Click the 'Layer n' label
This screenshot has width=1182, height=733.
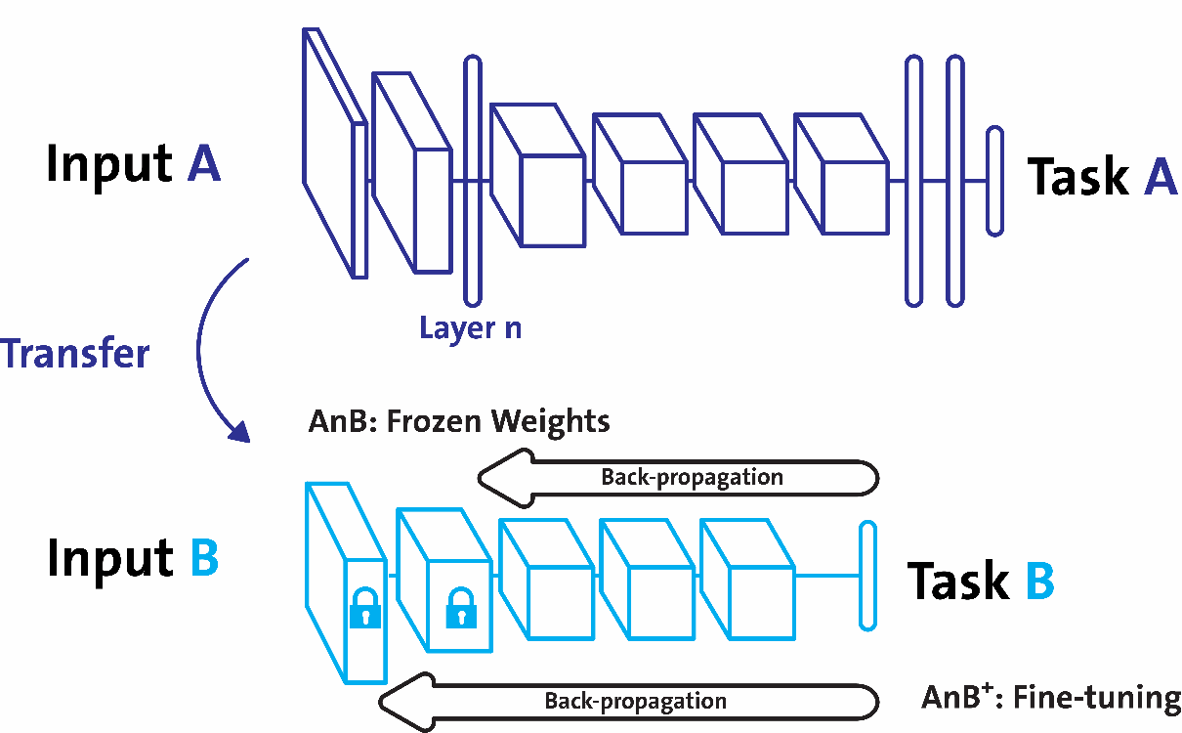coord(470,328)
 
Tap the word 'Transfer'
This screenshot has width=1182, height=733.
coord(75,353)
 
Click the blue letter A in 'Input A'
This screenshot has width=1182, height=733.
coord(204,163)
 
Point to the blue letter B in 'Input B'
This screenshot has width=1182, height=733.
coord(203,558)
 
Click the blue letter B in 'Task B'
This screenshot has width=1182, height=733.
coord(1038,581)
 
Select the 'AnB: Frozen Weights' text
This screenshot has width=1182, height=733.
coord(458,421)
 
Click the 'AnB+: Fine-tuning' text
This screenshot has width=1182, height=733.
coord(1051,698)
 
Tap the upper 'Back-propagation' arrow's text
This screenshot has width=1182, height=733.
coord(692,477)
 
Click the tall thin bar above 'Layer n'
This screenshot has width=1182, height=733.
coord(473,180)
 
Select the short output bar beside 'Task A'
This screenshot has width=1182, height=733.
coord(994,181)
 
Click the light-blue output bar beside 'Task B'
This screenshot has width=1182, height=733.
coord(865,577)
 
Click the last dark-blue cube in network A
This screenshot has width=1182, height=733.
coord(841,182)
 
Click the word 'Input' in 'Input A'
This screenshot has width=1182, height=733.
coord(108,163)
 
